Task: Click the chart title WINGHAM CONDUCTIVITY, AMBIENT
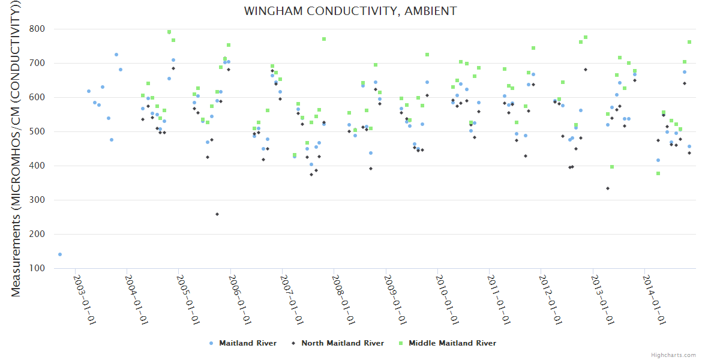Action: [350, 11]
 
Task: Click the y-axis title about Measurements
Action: [16, 148]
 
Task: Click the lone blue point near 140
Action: [60, 254]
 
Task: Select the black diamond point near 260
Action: [217, 214]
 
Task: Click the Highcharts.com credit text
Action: [674, 355]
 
